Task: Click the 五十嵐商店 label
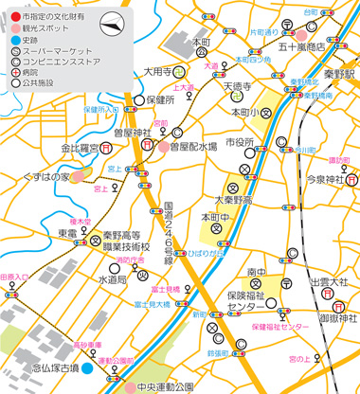click(x=302, y=45)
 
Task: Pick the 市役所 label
click(x=238, y=142)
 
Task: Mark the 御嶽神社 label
click(x=337, y=291)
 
